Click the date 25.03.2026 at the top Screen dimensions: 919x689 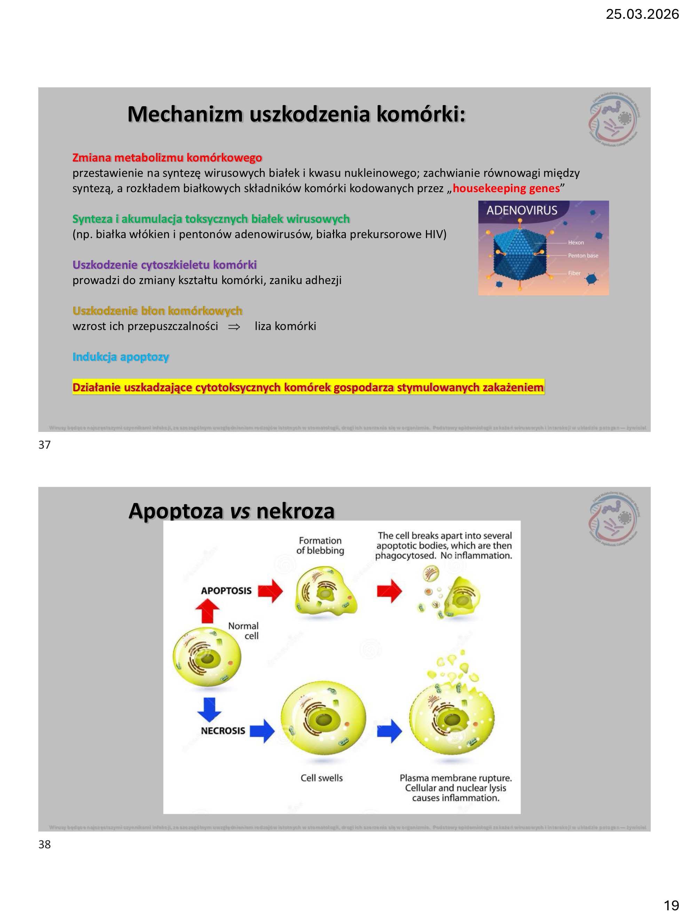click(642, 14)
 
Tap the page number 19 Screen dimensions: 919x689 click(671, 905)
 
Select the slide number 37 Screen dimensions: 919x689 click(45, 445)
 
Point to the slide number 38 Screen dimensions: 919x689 click(45, 844)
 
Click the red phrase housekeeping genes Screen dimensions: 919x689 click(506, 188)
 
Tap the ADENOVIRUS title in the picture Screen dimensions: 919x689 click(522, 210)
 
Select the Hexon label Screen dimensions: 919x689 click(576, 243)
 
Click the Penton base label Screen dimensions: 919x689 click(583, 256)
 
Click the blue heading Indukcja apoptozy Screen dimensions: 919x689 click(120, 357)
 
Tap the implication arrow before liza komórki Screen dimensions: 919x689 click(234, 327)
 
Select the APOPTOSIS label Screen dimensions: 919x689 click(226, 591)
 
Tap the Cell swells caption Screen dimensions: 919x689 click(322, 778)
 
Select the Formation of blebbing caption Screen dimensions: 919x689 click(320, 545)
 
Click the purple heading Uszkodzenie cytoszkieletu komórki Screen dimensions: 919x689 click(165, 265)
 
